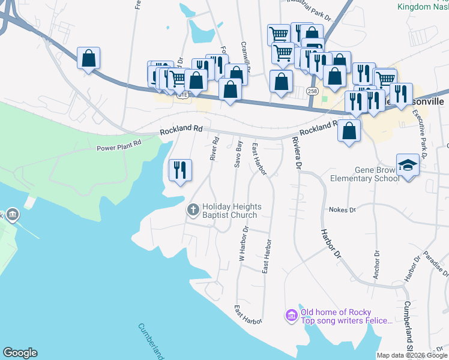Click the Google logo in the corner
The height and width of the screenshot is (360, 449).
20,353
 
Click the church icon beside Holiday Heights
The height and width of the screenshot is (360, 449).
193,210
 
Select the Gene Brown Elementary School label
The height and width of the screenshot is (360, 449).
364,174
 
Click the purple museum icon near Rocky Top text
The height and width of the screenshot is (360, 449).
292,315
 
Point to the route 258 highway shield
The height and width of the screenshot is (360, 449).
312,91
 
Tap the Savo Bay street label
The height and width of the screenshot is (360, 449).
240,154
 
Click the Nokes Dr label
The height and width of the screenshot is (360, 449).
342,210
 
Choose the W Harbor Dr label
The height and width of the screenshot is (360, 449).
244,244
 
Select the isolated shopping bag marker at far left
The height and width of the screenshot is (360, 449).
88,58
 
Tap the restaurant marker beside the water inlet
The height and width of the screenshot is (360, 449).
179,170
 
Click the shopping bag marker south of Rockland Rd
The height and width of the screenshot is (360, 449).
349,130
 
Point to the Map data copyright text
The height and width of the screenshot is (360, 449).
412,355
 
